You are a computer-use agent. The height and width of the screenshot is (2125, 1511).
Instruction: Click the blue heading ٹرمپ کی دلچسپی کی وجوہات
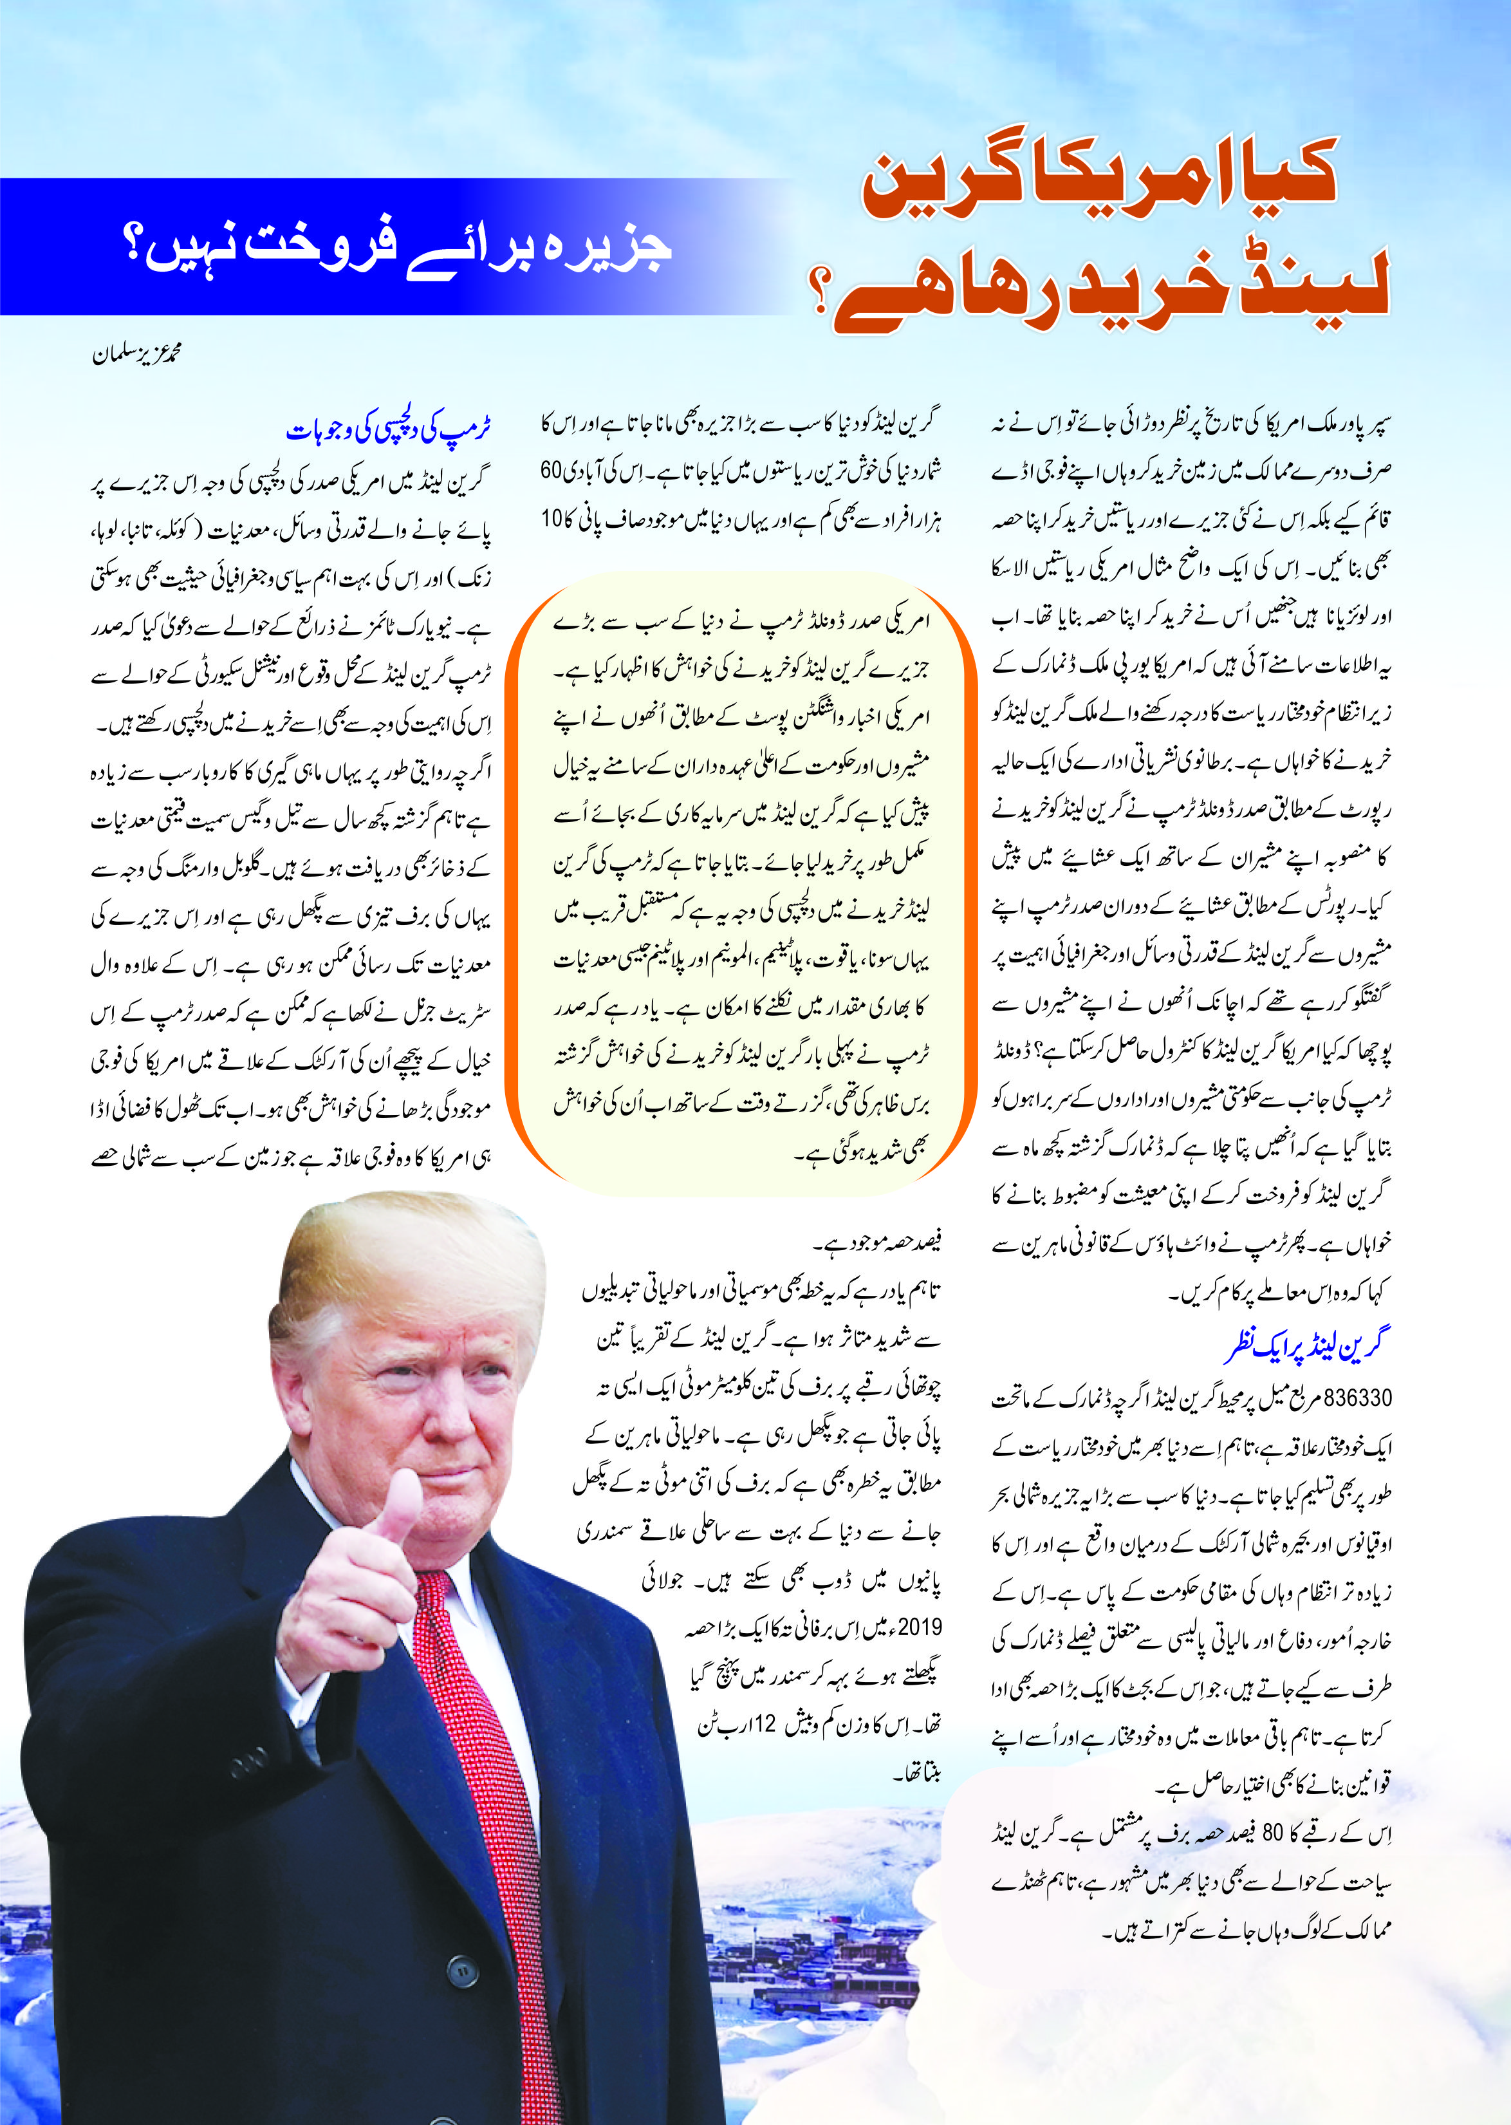388,430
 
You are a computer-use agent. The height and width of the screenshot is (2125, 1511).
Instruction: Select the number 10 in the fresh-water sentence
553,518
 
